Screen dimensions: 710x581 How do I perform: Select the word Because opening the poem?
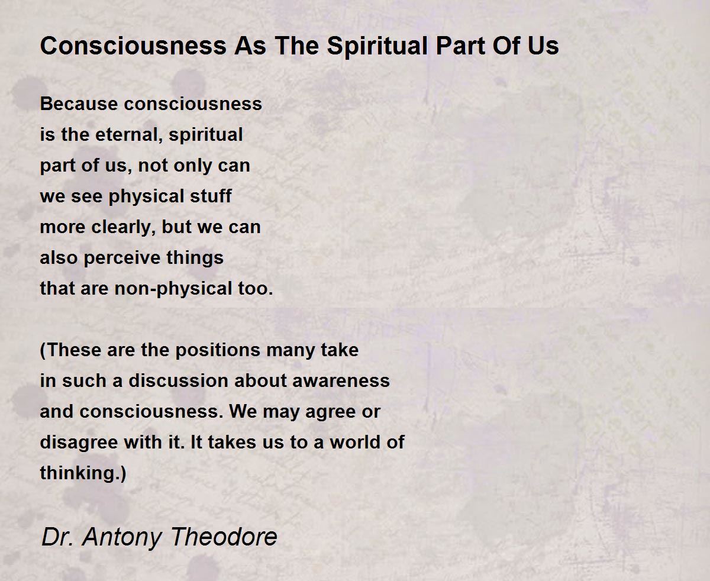click(x=79, y=104)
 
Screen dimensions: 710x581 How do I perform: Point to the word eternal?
click(x=129, y=135)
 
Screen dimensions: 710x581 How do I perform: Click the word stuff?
click(x=211, y=196)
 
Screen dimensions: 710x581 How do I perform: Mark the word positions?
click(x=218, y=351)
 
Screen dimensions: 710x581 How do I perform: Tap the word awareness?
click(x=341, y=381)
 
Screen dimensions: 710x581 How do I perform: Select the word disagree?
click(x=79, y=443)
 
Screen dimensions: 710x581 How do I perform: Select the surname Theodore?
click(x=224, y=537)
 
